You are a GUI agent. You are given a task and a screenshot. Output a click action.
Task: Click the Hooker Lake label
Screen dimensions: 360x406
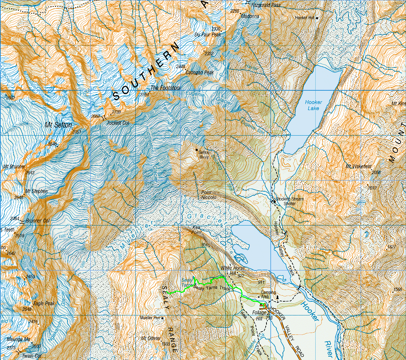pos(313,105)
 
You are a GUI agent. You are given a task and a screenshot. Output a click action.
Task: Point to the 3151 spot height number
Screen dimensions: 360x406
pos(77,132)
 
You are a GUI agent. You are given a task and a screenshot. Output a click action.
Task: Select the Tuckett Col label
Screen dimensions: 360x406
pos(119,123)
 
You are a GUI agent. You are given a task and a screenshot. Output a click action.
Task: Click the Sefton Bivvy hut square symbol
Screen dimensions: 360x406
pos(196,150)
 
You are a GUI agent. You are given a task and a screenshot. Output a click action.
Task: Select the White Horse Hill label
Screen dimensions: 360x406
pos(232,270)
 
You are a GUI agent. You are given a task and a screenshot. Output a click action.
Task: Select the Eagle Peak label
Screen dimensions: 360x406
pos(44,304)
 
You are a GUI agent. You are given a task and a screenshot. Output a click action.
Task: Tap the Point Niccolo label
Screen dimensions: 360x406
pos(209,195)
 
